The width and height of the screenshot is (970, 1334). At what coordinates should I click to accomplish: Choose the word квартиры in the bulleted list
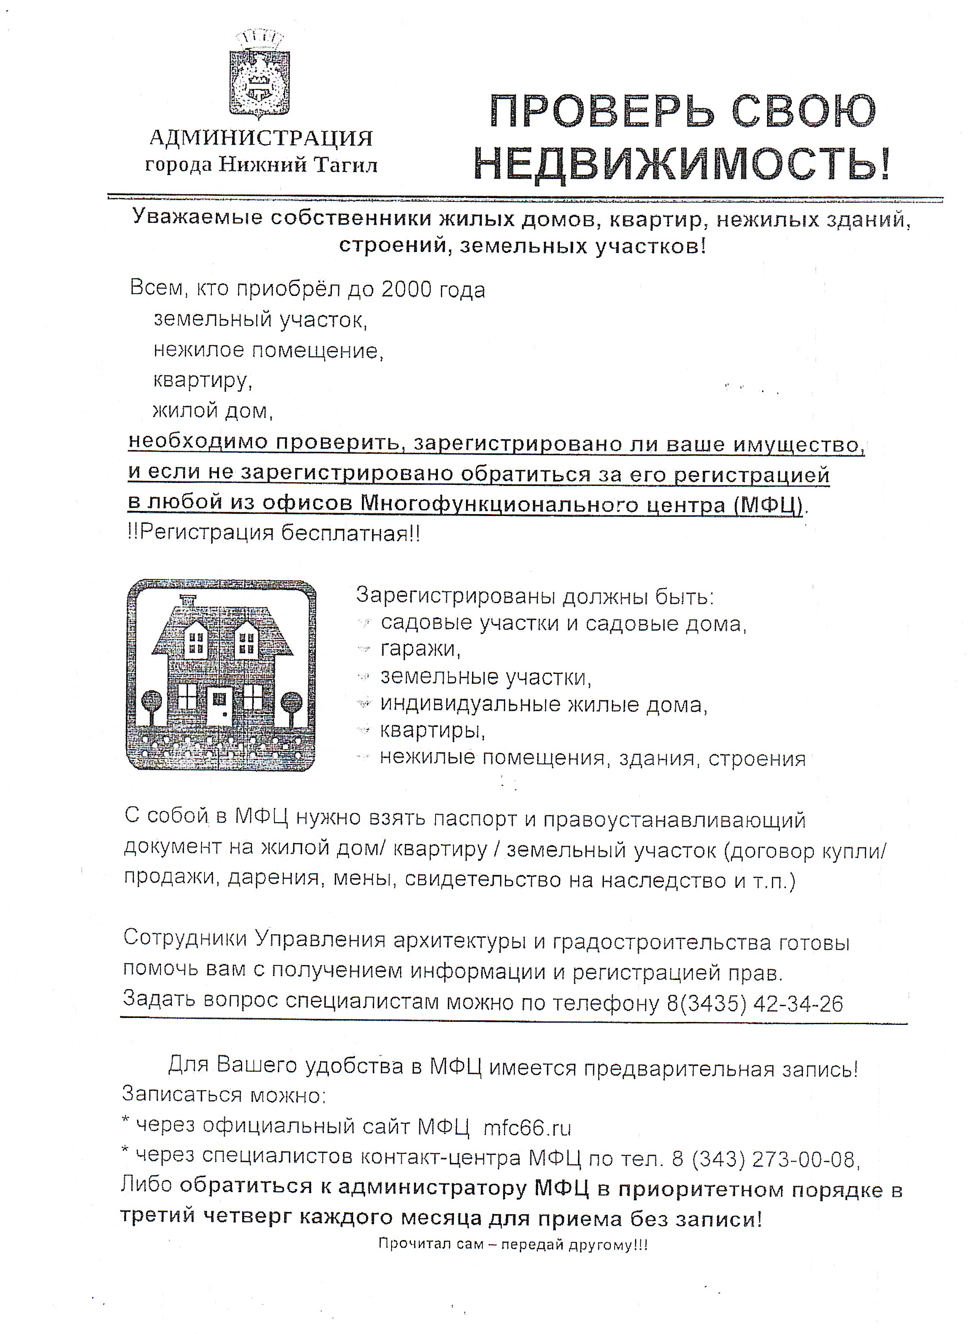tap(433, 731)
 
